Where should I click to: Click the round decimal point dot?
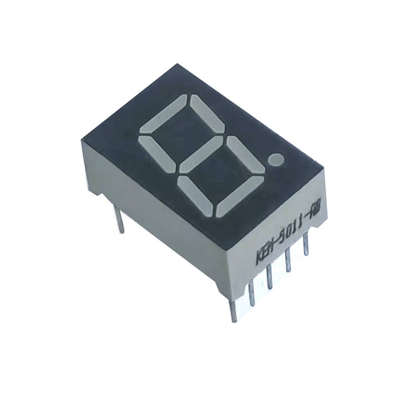click(x=276, y=160)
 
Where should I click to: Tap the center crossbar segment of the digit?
click(x=200, y=154)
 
